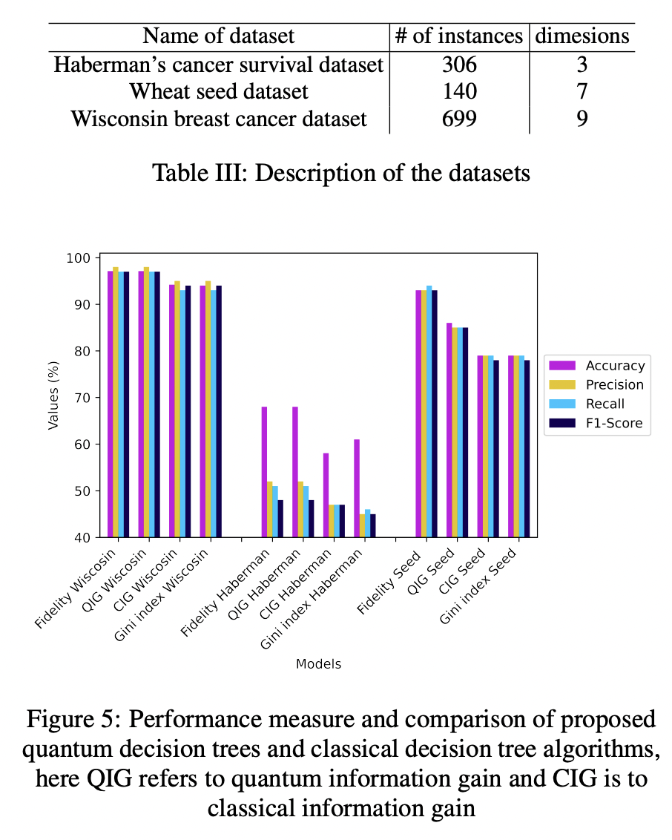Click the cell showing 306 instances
(459, 65)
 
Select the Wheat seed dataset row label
(219, 91)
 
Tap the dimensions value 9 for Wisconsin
(582, 118)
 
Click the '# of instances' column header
(459, 36)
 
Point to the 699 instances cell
(459, 118)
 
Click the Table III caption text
(341, 173)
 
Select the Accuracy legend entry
(615, 365)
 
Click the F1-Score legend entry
(613, 424)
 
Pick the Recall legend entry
(605, 404)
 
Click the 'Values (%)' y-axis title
(53, 398)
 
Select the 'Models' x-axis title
(319, 664)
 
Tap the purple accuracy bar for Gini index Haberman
(357, 488)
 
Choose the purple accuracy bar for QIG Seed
(449, 430)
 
